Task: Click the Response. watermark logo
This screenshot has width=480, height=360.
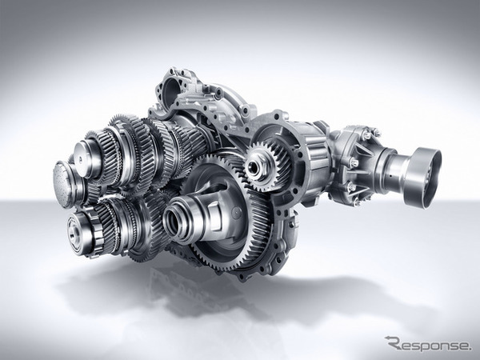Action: click(429, 343)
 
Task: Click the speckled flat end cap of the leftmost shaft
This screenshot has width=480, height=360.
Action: click(62, 184)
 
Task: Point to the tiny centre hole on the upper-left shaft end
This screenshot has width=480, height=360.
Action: click(80, 158)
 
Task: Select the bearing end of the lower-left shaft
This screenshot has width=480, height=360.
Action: click(78, 231)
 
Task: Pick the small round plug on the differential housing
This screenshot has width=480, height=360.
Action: click(236, 211)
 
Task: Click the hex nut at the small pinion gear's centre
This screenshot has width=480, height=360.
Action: click(254, 166)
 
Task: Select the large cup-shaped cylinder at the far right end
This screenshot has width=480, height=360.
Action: click(422, 176)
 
